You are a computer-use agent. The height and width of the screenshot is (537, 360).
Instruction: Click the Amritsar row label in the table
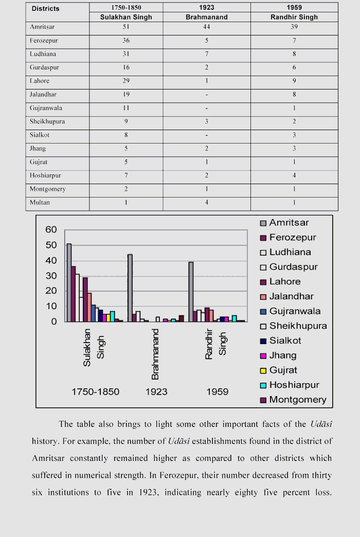[42, 27]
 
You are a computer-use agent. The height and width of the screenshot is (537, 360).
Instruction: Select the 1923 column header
[207, 8]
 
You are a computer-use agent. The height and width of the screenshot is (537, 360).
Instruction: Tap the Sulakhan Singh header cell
[126, 17]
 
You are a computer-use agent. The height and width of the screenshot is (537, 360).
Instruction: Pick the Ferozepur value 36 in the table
[126, 41]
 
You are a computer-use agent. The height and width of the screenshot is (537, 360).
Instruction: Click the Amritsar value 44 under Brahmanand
[207, 27]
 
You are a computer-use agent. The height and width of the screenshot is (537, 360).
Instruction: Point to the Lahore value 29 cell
[126, 81]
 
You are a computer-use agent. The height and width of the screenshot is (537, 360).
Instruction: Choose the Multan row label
[40, 203]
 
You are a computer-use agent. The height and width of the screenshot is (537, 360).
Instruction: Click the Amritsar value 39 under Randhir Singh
[294, 27]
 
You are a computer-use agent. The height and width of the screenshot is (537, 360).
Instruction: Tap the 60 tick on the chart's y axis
[51, 230]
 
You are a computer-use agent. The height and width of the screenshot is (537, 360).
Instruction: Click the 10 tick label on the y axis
[51, 307]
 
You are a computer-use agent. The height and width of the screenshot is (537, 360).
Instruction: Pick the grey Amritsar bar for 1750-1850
[69, 282]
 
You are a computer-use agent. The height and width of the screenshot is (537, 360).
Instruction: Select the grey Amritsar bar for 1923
[130, 288]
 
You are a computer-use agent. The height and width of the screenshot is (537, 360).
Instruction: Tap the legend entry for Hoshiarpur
[294, 385]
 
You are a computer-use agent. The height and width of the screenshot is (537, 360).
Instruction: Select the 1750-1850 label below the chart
[95, 392]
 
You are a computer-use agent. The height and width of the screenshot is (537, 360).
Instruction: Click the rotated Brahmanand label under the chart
[155, 354]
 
